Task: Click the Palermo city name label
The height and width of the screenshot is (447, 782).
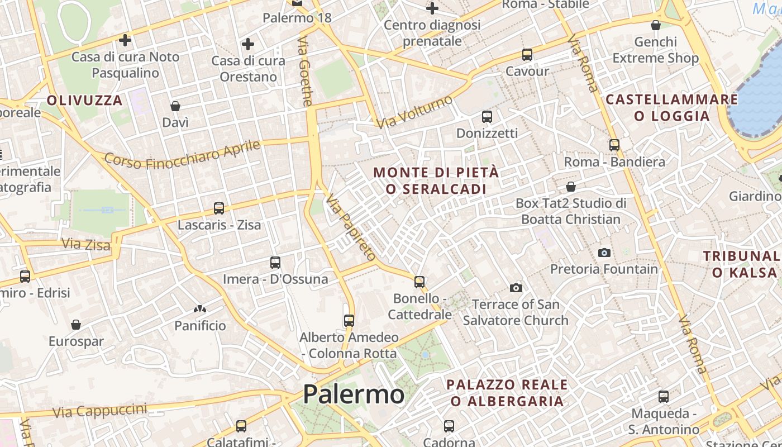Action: pyautogui.click(x=353, y=394)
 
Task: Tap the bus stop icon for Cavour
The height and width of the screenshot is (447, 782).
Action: pyautogui.click(x=527, y=55)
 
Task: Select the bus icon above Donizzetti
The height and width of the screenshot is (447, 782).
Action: pyautogui.click(x=487, y=117)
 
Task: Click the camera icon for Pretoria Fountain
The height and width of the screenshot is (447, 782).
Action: pyautogui.click(x=604, y=253)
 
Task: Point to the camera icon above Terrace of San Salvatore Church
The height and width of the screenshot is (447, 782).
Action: pyautogui.click(x=516, y=288)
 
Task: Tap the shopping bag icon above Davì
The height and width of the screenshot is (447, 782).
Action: pyautogui.click(x=175, y=106)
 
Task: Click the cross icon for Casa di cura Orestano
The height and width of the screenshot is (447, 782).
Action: pyautogui.click(x=248, y=44)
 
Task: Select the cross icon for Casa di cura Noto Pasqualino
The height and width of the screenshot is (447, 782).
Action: pyautogui.click(x=125, y=40)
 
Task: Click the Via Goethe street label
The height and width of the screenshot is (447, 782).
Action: pyautogui.click(x=305, y=71)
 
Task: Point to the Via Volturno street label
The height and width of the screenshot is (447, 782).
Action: pyautogui.click(x=414, y=112)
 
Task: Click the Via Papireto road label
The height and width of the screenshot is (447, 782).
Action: pyautogui.click(x=351, y=227)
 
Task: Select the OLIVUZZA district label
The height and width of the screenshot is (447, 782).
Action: pyautogui.click(x=84, y=101)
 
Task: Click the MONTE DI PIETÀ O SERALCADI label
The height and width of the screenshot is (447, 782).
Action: pyautogui.click(x=436, y=180)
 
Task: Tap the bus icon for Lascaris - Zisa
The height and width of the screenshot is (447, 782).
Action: pyautogui.click(x=219, y=208)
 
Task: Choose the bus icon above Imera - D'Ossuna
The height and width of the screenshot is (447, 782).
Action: pyautogui.click(x=275, y=263)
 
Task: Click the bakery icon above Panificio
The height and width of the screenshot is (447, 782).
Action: pyautogui.click(x=200, y=309)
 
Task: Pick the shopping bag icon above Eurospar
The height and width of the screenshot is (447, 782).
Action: pyautogui.click(x=76, y=325)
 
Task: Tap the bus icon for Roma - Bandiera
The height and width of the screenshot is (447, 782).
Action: pyautogui.click(x=614, y=145)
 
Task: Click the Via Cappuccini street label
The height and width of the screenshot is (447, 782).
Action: pyautogui.click(x=100, y=411)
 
